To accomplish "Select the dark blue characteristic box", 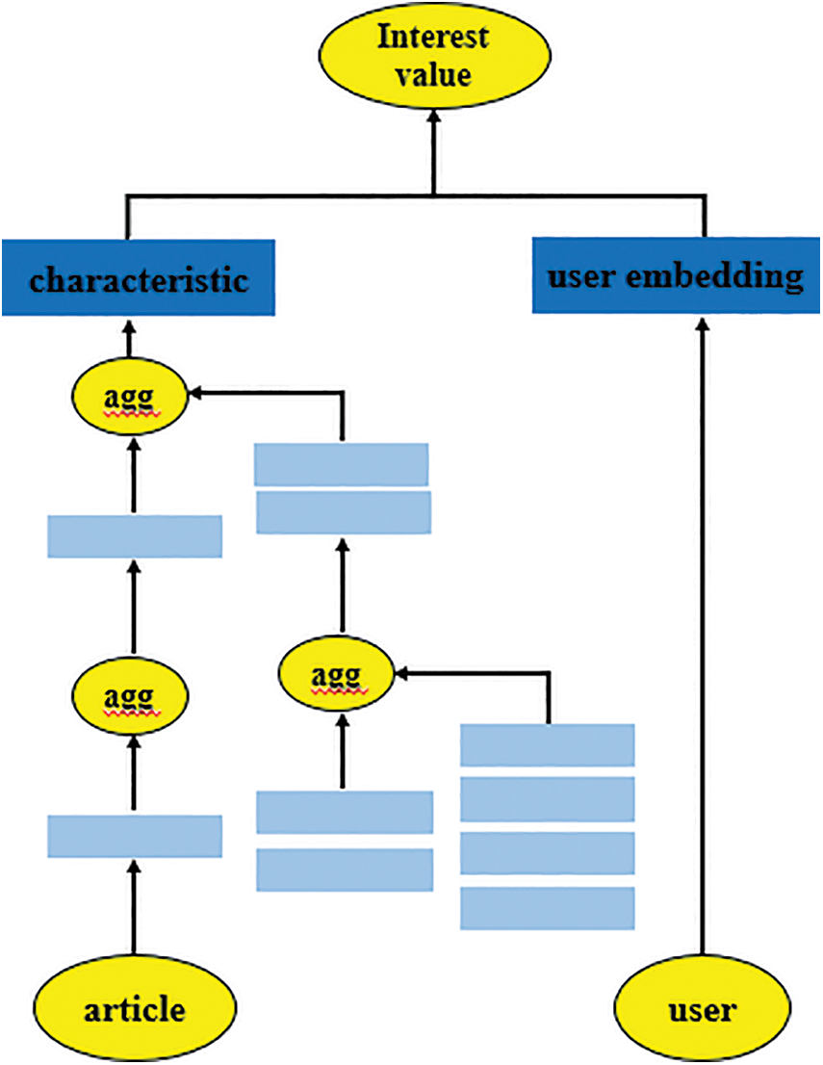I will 139,278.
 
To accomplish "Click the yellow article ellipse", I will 135,1010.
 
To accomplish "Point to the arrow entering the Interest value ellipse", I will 434,144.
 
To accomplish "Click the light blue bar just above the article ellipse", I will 135,836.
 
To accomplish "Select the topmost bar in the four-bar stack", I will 547,745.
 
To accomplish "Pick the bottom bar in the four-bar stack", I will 547,908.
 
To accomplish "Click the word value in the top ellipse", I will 433,73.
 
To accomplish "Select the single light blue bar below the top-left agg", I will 135,536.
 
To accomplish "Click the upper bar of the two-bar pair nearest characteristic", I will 341,464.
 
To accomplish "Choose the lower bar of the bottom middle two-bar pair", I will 345,869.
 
